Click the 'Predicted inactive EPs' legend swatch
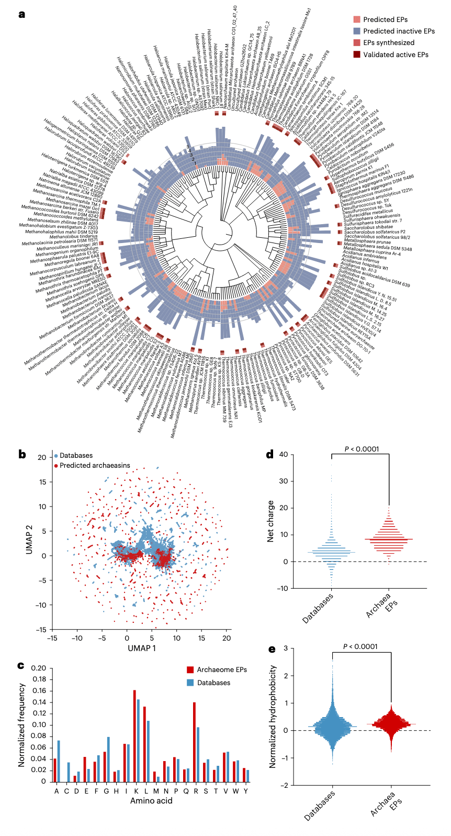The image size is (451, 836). pos(357,31)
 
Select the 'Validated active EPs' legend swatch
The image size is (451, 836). pos(357,54)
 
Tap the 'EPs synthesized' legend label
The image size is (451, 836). pos(389,43)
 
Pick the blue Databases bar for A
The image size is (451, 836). pos(59,761)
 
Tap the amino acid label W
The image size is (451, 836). pos(236,791)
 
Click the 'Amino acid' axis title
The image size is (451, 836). pos(151,801)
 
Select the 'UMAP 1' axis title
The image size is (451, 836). pos(142,648)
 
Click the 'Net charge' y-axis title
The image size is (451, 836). pos(270,521)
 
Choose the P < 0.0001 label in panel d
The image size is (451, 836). pos(362,449)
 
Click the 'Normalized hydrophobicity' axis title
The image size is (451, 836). pos(273,717)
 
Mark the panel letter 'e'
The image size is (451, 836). pos(272,649)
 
